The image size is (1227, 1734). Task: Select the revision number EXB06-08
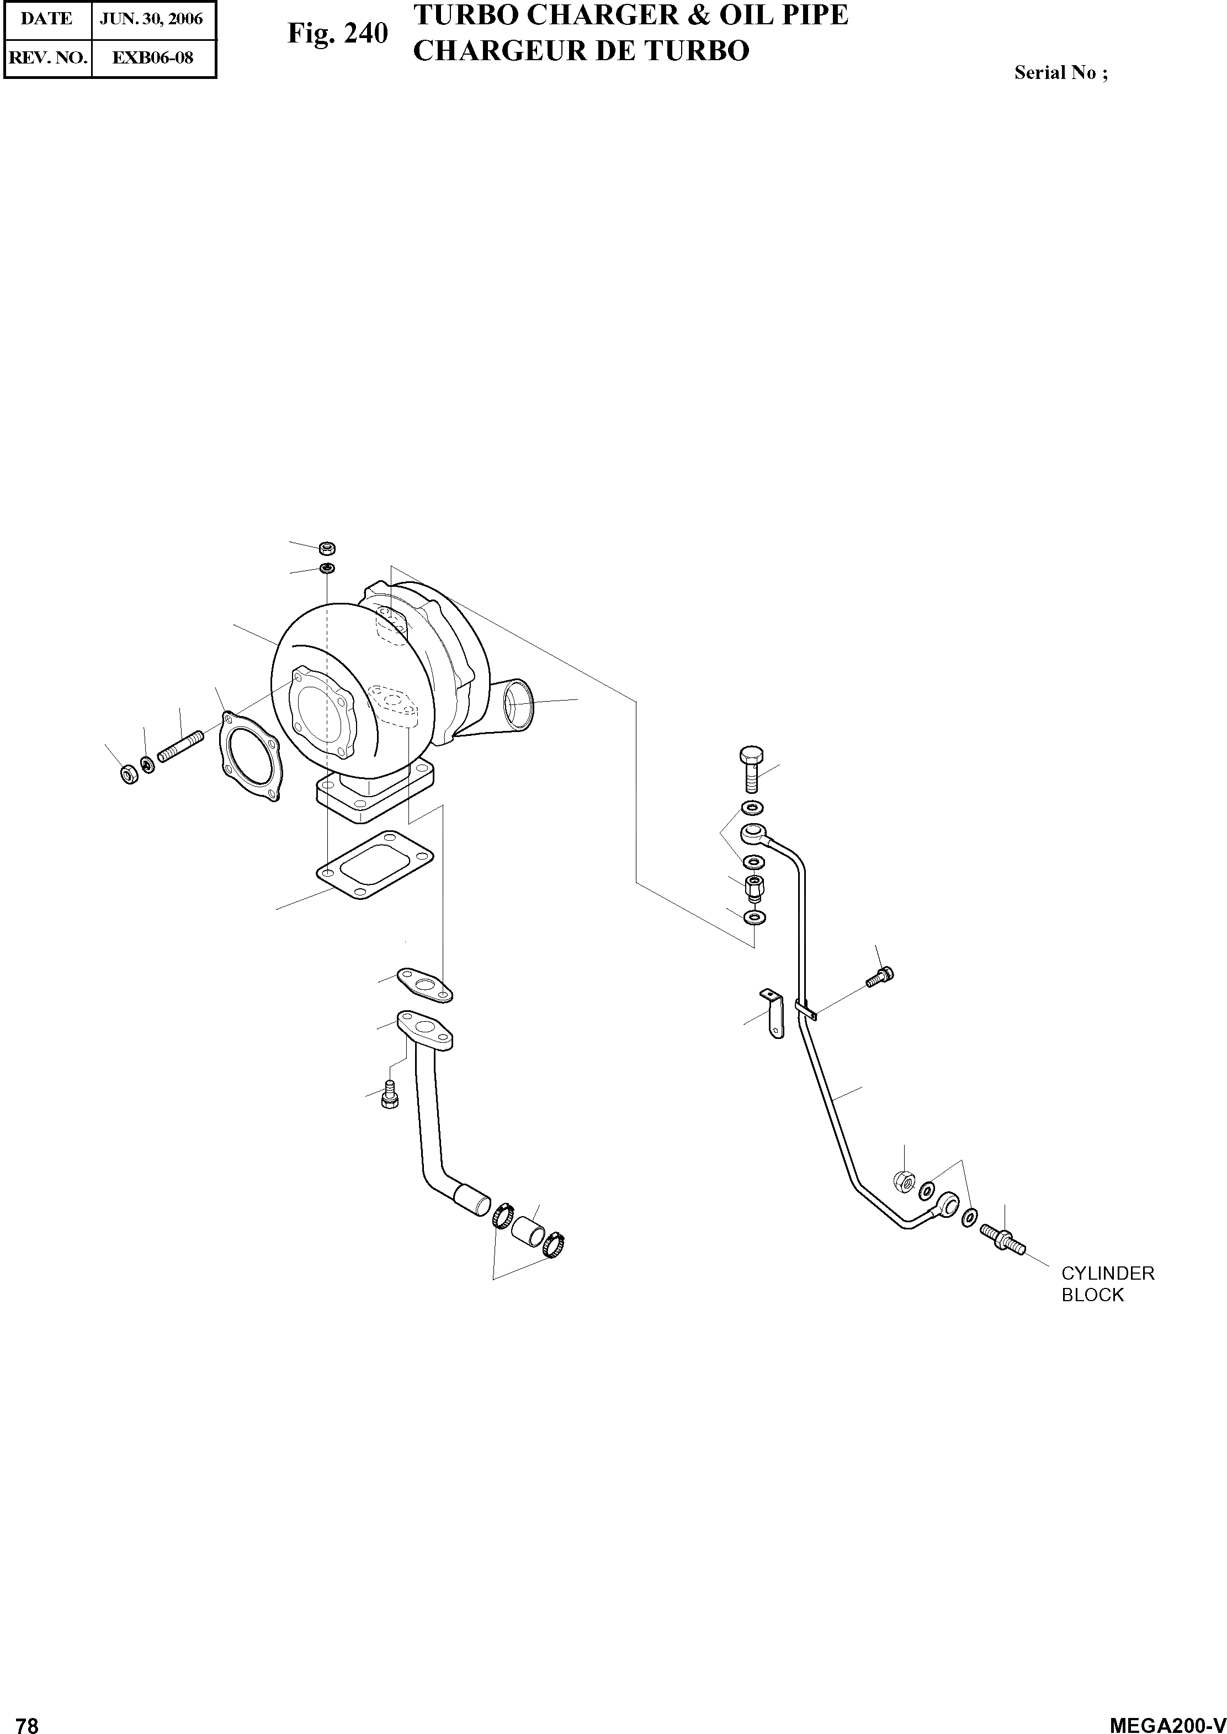click(153, 57)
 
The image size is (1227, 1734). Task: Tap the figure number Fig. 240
click(337, 33)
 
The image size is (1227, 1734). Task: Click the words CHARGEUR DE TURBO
click(581, 51)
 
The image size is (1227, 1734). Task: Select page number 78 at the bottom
click(26, 1720)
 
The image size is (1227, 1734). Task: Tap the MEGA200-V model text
click(1166, 1720)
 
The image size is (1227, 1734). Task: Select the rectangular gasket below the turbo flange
click(375, 865)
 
